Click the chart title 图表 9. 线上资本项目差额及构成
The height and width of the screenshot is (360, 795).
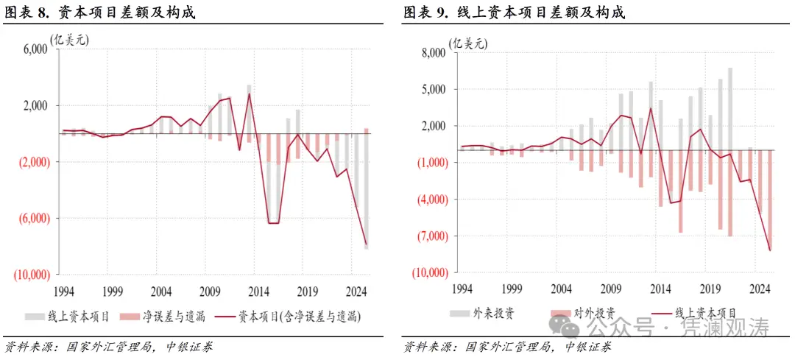pyautogui.click(x=513, y=13)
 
